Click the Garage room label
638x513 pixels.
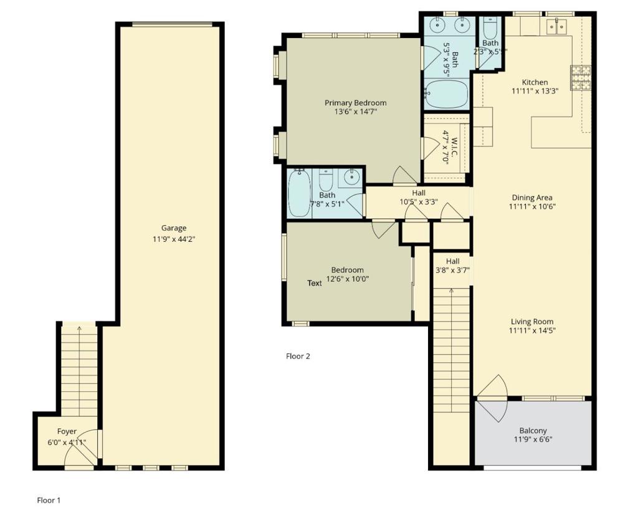174,228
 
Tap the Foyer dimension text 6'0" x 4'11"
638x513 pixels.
67,442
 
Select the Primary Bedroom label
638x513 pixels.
356,103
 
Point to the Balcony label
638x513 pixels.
533,430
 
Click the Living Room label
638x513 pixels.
532,322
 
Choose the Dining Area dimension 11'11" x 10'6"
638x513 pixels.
532,206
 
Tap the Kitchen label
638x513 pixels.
535,82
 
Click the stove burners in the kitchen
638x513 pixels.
581,77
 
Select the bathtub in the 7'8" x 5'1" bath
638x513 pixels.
300,193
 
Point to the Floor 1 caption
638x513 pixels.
49,501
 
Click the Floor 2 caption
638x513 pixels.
298,357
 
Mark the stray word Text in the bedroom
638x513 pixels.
315,283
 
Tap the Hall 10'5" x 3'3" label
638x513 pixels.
419,197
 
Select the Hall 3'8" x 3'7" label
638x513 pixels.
452,266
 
